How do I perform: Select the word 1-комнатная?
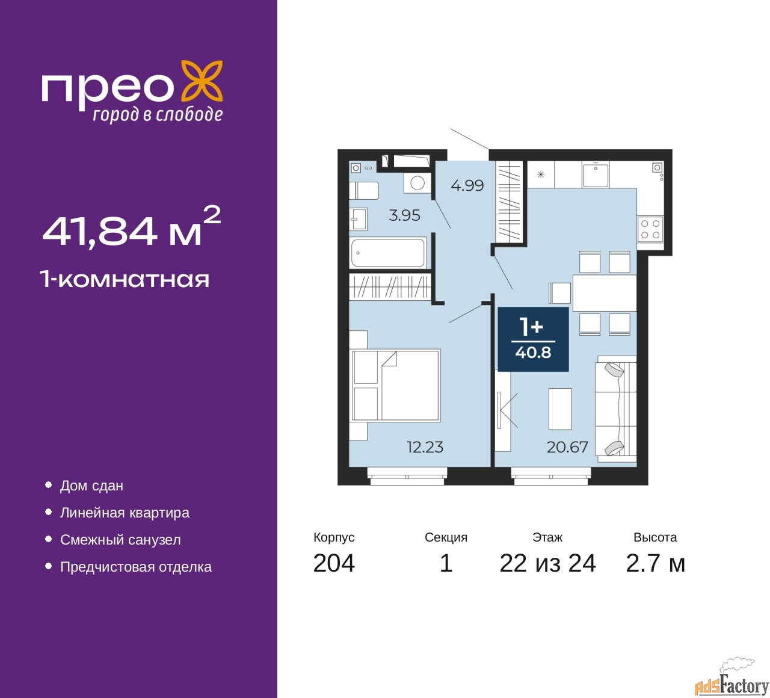tap(125, 280)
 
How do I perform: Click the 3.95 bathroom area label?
tap(404, 215)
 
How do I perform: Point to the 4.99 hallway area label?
tap(467, 186)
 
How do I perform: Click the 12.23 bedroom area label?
tap(425, 447)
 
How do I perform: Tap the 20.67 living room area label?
tap(567, 447)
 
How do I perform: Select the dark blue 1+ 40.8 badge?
tap(533, 339)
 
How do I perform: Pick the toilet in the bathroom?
tap(364, 190)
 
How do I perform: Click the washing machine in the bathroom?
tap(417, 183)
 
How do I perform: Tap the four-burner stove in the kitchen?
tap(650, 229)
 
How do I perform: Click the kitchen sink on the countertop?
tap(596, 174)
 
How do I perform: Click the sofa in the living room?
tap(616, 410)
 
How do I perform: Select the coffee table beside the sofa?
tap(561, 409)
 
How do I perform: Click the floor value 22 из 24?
tap(548, 563)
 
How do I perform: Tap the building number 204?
tap(334, 563)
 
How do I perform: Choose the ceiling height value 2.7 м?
tap(655, 563)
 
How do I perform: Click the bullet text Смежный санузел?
tap(120, 540)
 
